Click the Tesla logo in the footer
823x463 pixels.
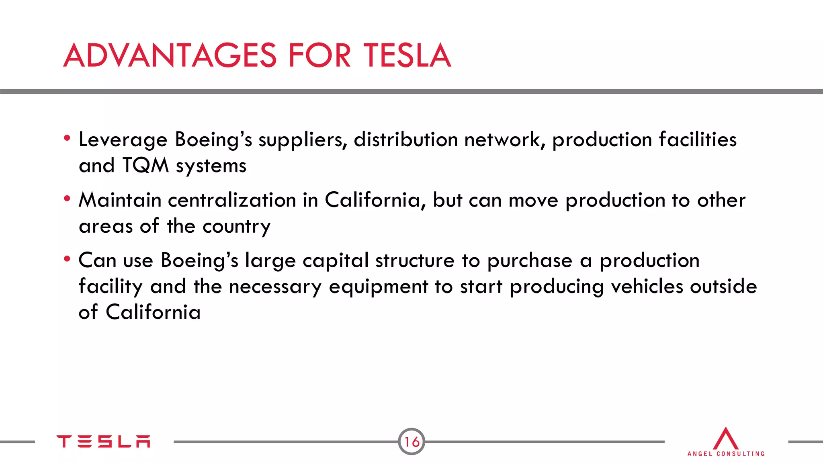click(103, 441)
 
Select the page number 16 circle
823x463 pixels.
click(411, 442)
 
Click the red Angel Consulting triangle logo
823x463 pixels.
click(725, 439)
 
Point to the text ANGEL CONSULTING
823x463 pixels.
click(726, 454)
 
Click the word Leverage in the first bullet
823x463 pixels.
click(123, 140)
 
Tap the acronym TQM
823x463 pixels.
click(145, 166)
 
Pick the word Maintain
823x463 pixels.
click(120, 200)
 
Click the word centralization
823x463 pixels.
click(232, 200)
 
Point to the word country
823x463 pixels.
click(236, 227)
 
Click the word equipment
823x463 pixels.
click(378, 287)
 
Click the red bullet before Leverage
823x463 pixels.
click(67, 138)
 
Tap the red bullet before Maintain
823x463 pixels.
click(67, 199)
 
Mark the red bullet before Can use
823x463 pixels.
click(67, 259)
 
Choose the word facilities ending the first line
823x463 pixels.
click(698, 140)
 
